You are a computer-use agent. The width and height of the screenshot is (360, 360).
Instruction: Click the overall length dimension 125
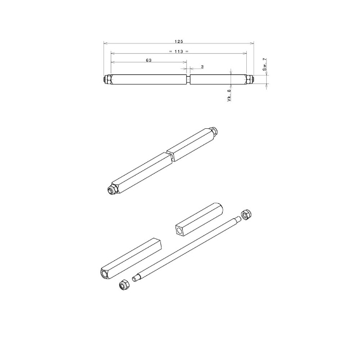[178, 41]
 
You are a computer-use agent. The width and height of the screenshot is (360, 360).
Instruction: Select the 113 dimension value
[178, 51]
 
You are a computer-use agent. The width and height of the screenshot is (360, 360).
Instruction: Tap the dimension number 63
[149, 61]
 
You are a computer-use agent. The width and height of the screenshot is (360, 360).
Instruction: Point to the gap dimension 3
[201, 66]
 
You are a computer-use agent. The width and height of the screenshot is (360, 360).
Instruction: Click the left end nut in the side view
[106, 80]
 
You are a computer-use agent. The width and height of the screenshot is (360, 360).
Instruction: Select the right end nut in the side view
[249, 80]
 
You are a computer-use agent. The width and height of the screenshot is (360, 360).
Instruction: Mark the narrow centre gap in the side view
[188, 80]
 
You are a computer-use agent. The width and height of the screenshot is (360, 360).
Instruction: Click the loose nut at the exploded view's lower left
[123, 284]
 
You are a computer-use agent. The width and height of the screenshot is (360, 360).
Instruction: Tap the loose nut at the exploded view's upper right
[246, 214]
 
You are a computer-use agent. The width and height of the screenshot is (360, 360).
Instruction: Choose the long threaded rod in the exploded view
[188, 248]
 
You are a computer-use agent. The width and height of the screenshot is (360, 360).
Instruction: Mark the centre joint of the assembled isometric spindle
[171, 155]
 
